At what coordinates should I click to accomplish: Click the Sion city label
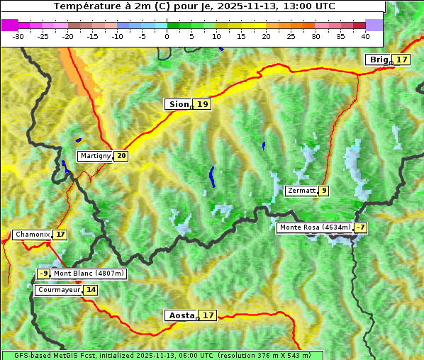tap(178, 104)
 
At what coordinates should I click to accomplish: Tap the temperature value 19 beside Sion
tap(203, 104)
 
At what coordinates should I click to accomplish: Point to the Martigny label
tap(95, 156)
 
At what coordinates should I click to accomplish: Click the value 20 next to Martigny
tap(121, 156)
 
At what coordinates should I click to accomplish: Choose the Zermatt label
tap(301, 191)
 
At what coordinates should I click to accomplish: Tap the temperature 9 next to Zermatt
tap(324, 191)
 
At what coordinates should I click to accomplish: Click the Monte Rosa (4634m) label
tap(314, 227)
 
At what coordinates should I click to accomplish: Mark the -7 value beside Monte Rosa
tap(361, 227)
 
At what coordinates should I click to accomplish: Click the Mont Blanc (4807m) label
tap(89, 274)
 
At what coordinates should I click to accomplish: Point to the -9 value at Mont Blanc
tap(44, 274)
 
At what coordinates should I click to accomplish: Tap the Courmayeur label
tap(58, 290)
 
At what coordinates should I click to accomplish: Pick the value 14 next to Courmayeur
tap(91, 290)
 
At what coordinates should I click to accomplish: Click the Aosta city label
tap(180, 315)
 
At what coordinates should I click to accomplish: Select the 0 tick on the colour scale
tap(167, 35)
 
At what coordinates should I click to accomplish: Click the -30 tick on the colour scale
tap(18, 35)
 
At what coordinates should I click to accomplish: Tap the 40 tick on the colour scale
tap(365, 35)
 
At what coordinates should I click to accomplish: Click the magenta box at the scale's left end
tap(9, 25)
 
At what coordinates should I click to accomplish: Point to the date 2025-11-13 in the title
tap(242, 6)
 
